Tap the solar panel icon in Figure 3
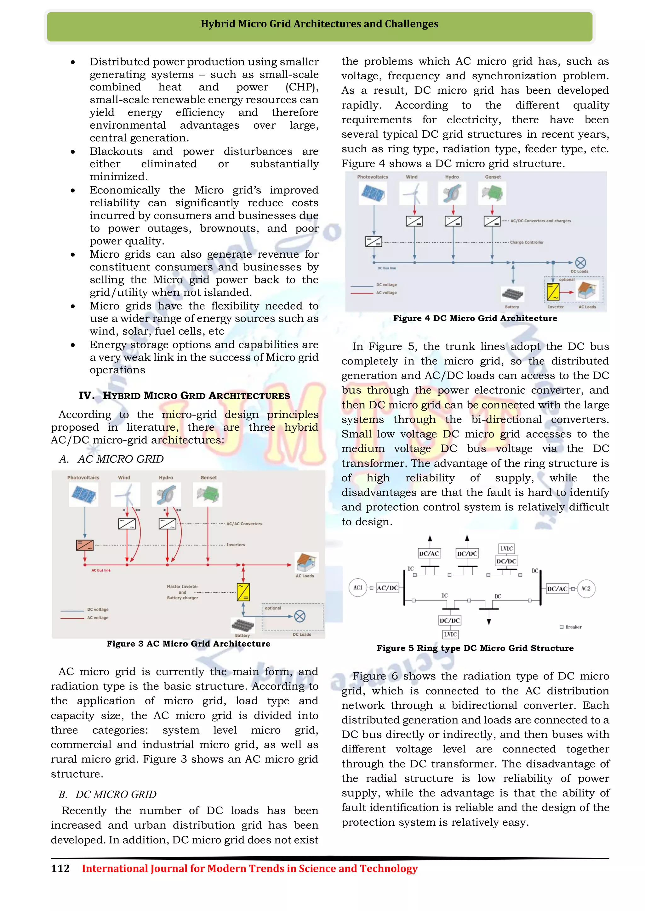pyautogui.click(x=83, y=495)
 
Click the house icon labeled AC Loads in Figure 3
pyautogui.click(x=306, y=562)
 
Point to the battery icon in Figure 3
pyautogui.click(x=242, y=625)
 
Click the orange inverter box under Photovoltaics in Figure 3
pyautogui.click(x=85, y=545)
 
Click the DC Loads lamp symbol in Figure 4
pyautogui.click(x=580, y=263)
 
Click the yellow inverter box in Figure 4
pyautogui.click(x=553, y=292)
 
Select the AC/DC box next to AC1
pyautogui.click(x=387, y=588)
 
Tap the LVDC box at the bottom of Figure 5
pyautogui.click(x=450, y=634)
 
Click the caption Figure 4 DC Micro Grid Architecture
pyautogui.click(x=475, y=318)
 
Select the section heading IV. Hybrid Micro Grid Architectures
pyautogui.click(x=184, y=396)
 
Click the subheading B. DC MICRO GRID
pyautogui.click(x=108, y=794)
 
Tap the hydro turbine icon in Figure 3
pyautogui.click(x=166, y=495)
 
